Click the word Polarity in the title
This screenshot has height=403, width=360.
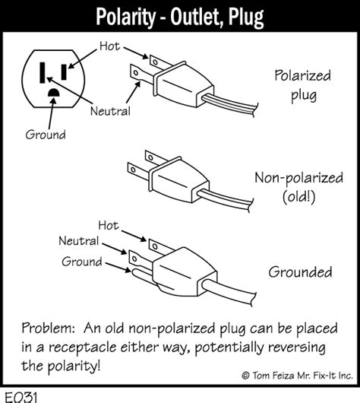coord(126,17)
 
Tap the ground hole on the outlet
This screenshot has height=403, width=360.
coord(54,93)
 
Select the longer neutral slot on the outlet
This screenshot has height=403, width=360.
coord(43,73)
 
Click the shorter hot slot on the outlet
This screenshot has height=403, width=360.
coord(64,72)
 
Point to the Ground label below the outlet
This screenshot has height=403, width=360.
coord(46,135)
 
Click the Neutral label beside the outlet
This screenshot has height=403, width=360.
coord(110,111)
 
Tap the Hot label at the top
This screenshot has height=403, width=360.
coord(109,46)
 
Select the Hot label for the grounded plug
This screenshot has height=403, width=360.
coord(109,225)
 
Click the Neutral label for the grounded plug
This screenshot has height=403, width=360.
coord(79,241)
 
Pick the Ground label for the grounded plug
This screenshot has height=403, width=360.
coord(82,262)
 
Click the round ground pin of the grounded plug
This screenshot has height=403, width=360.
coord(142,274)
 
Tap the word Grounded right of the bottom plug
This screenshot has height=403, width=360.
coord(300,272)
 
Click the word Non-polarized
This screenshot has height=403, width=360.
coord(298,178)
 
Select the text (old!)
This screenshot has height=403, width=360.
coord(298,197)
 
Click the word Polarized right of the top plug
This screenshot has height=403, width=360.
coord(302,75)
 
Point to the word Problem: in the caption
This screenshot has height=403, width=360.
coord(49,328)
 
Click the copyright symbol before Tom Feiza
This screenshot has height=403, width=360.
coord(245,376)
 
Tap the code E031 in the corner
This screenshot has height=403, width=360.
coord(21,398)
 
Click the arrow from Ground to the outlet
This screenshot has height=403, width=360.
coord(52,113)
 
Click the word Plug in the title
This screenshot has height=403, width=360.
coord(246,17)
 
